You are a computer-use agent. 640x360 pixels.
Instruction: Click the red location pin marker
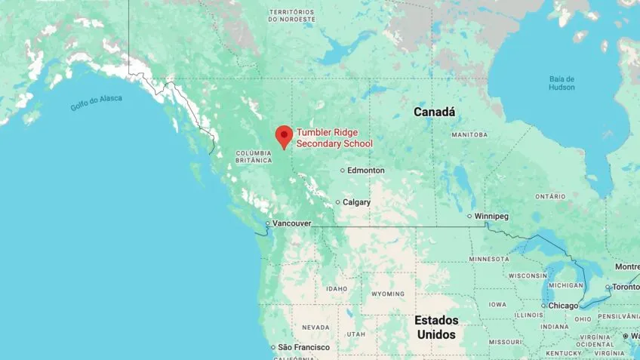pyautogui.click(x=284, y=136)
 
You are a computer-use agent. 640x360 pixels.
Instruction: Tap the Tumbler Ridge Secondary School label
pyautogui.click(x=334, y=138)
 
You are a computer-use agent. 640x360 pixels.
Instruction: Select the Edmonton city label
pyautogui.click(x=366, y=171)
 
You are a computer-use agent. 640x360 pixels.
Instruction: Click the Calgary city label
pyautogui.click(x=356, y=202)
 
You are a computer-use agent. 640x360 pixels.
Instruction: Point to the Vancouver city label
pyautogui.click(x=292, y=223)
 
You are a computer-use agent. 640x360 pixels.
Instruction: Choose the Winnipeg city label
pyautogui.click(x=491, y=217)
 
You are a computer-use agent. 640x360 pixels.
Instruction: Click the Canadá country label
pyautogui.click(x=435, y=112)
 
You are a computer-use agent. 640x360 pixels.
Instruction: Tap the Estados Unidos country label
pyautogui.click(x=436, y=327)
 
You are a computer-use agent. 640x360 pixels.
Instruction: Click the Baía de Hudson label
pyautogui.click(x=562, y=83)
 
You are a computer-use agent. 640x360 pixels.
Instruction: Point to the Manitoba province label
pyautogui.click(x=469, y=134)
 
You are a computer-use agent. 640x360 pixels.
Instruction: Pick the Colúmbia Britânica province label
pyautogui.click(x=253, y=156)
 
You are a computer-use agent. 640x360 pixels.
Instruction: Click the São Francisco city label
pyautogui.click(x=304, y=347)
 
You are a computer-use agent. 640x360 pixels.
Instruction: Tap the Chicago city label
pyautogui.click(x=563, y=306)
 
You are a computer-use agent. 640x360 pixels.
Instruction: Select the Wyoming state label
pyautogui.click(x=388, y=294)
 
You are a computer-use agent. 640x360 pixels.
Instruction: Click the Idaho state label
pyautogui.click(x=337, y=289)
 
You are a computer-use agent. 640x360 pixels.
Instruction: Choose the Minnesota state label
pyautogui.click(x=489, y=259)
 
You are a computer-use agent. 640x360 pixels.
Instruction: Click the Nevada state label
pyautogui.click(x=315, y=328)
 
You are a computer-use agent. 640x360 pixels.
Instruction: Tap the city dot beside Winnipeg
pyautogui.click(x=469, y=217)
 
